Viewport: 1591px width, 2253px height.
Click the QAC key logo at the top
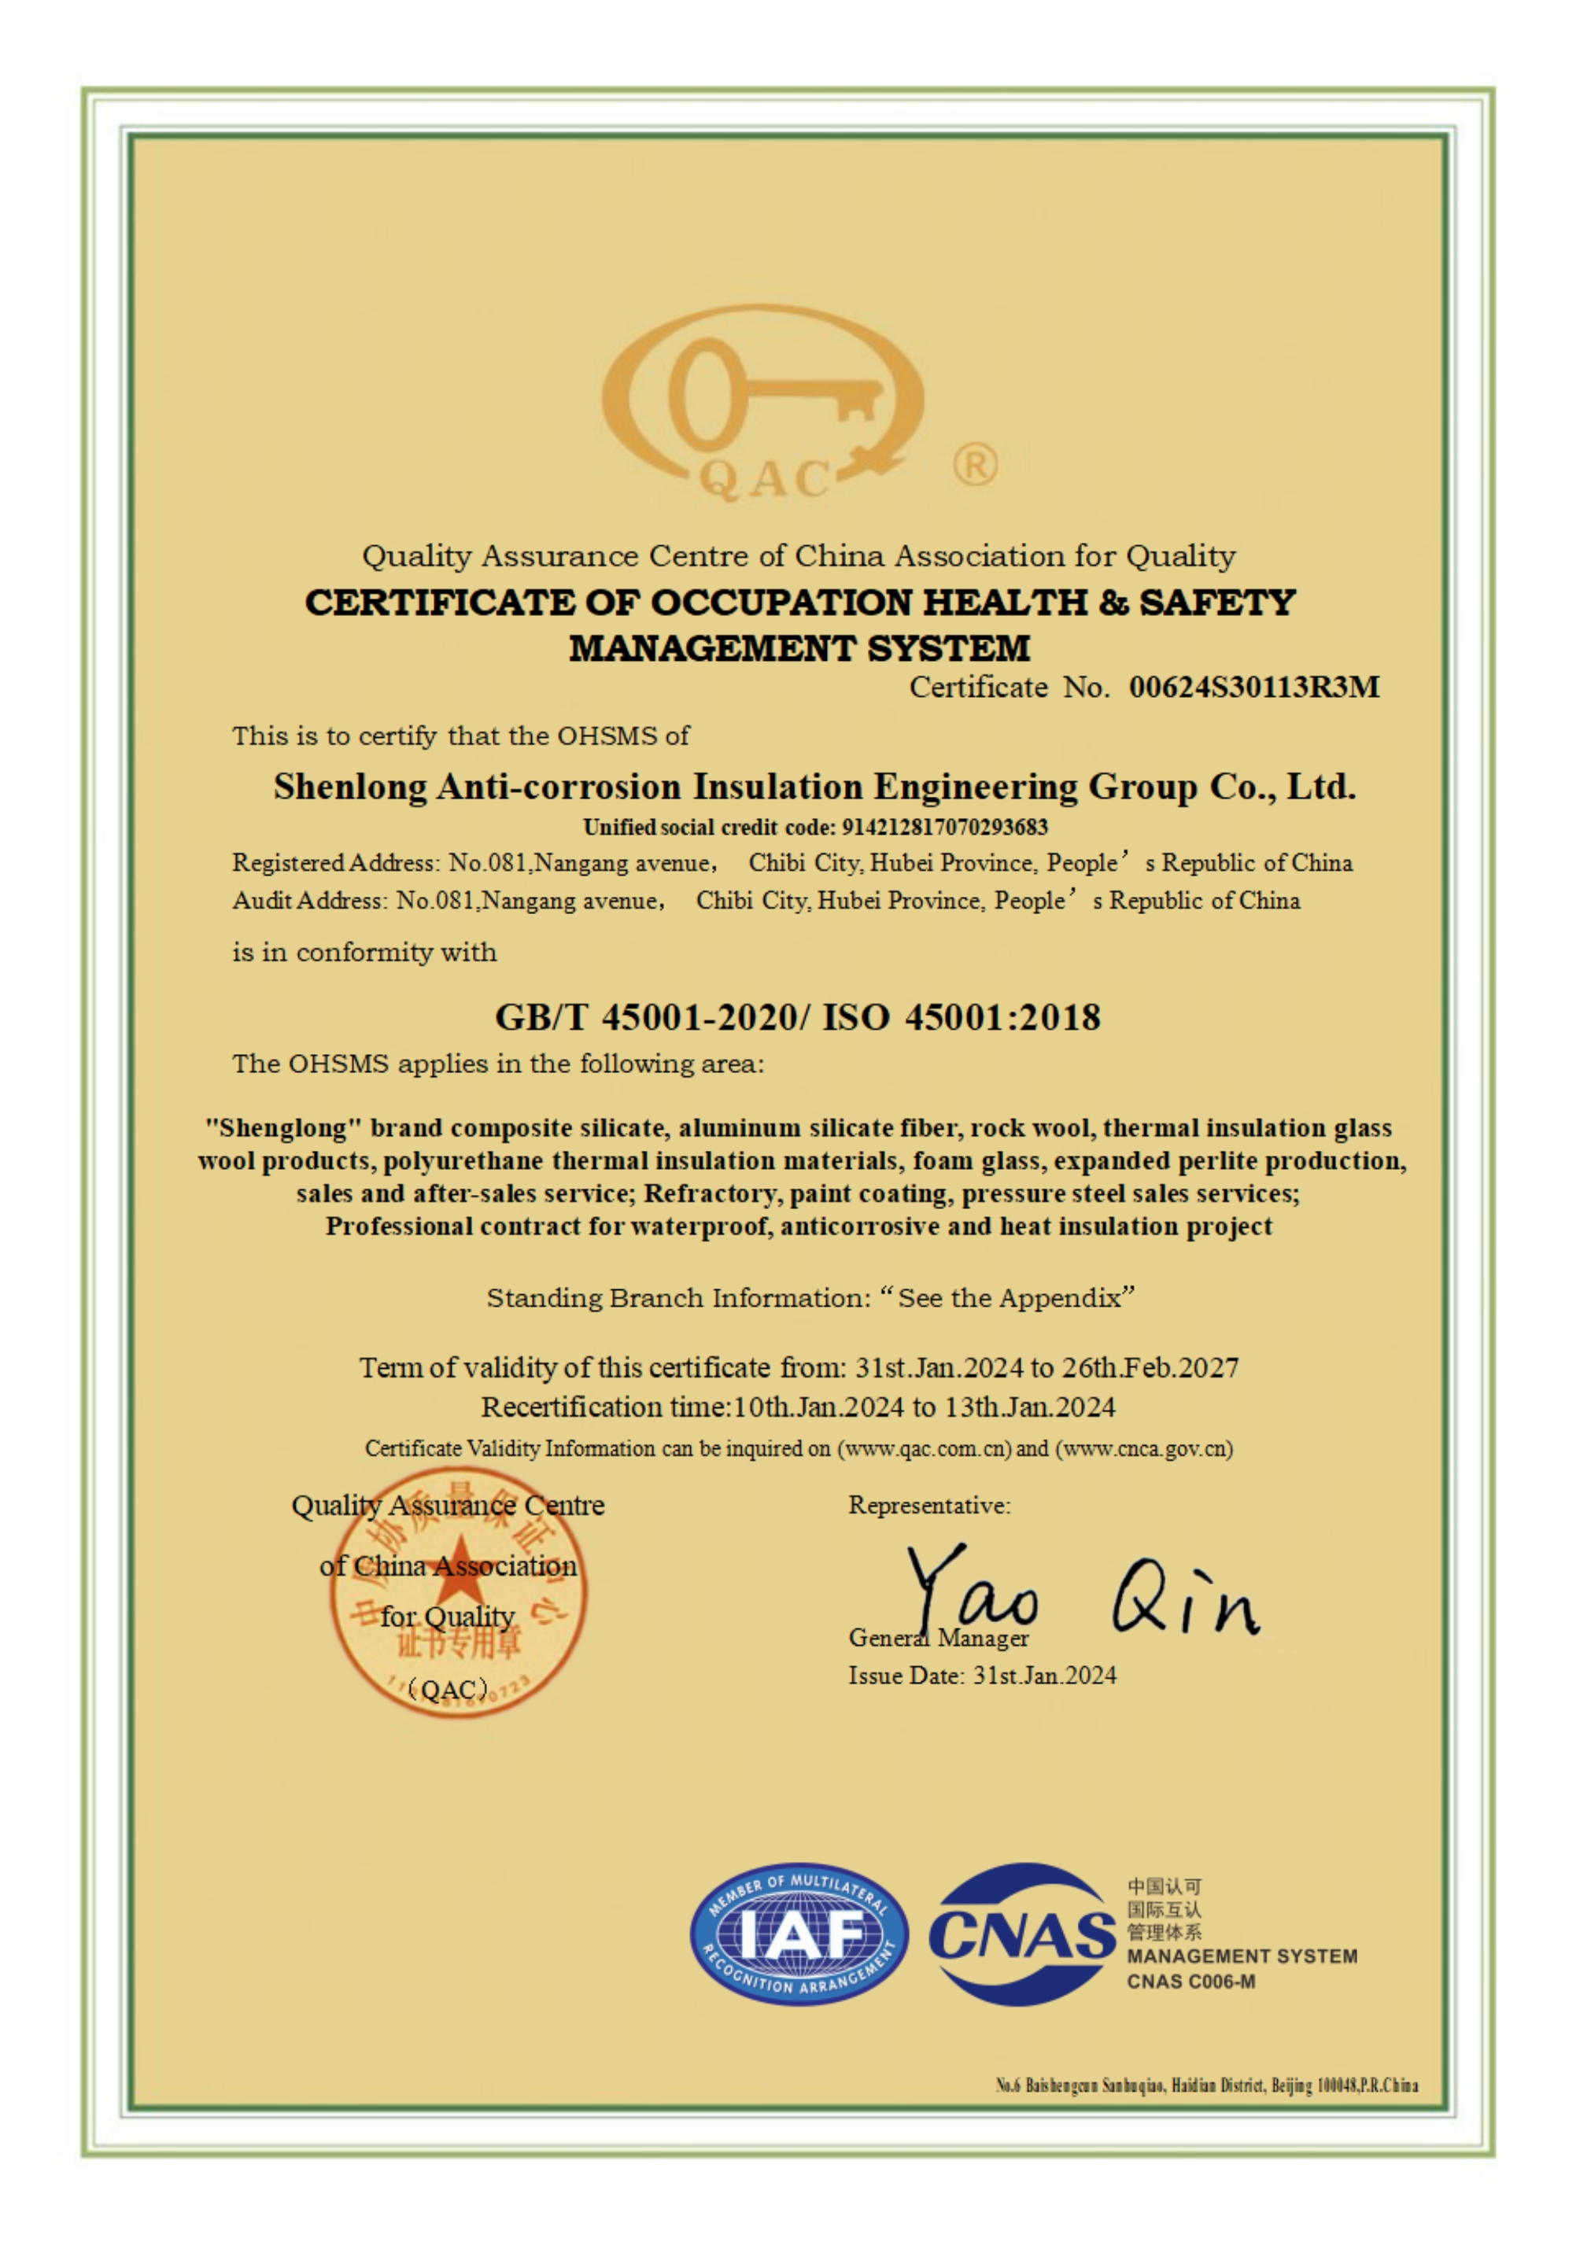click(762, 402)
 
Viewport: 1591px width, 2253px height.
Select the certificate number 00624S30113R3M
click(1253, 687)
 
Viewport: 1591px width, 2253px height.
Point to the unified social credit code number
click(944, 828)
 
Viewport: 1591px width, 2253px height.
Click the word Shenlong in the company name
click(350, 787)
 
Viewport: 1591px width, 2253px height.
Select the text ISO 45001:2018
click(961, 1018)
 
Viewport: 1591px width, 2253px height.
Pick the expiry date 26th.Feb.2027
click(1150, 1368)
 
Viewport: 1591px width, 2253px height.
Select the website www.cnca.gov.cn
click(1143, 1448)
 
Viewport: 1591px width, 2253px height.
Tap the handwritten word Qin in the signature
click(1185, 1600)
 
